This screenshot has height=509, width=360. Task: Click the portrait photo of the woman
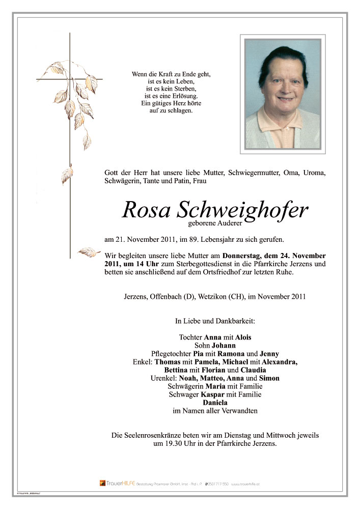pyautogui.click(x=283, y=94)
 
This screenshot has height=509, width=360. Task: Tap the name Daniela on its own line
pyautogui.click(x=215, y=403)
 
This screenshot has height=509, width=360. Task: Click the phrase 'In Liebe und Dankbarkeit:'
pyautogui.click(x=215, y=321)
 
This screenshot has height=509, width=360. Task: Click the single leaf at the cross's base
pyautogui.click(x=87, y=252)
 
